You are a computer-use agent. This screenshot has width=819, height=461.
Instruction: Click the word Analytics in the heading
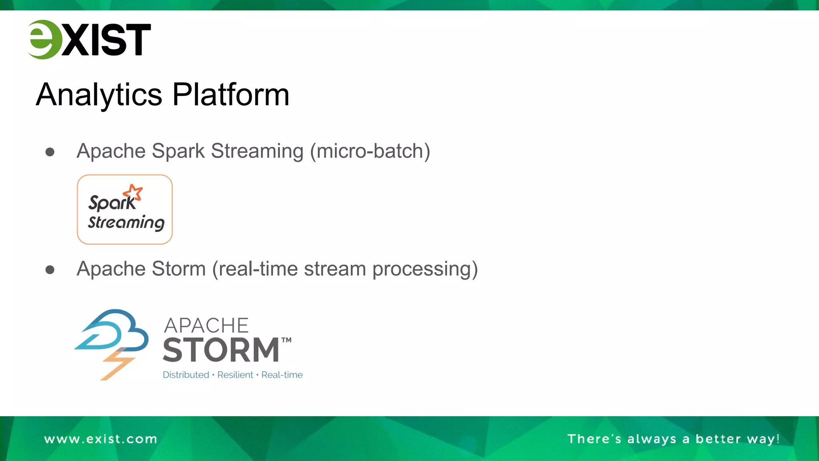pos(99,95)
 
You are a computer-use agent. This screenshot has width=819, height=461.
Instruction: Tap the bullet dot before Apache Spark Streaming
pos(50,152)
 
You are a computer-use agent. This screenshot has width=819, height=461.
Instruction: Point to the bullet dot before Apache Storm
pos(50,270)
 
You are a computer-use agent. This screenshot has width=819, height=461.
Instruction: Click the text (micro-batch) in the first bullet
pos(370,151)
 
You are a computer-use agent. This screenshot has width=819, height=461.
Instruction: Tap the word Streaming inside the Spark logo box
pos(126,223)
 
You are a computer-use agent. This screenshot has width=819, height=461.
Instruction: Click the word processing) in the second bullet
pos(425,269)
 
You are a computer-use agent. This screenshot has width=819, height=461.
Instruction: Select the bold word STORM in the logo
pos(221,350)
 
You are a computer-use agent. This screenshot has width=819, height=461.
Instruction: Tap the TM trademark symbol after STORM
pos(286,341)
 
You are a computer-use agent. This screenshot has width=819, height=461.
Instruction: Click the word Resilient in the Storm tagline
pos(235,375)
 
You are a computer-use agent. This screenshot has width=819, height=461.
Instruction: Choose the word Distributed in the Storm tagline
pos(186,375)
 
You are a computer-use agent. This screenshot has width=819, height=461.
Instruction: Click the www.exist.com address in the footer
pos(100,439)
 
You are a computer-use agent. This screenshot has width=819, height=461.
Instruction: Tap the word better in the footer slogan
pos(718,439)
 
